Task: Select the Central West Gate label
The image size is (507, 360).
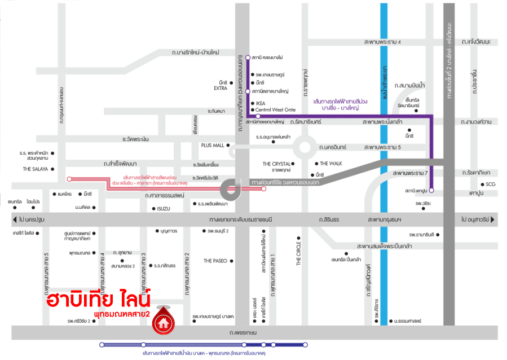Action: pos(275,110)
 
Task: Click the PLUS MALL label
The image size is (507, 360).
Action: pos(212,145)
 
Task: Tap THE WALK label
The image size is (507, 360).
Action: pos(331,163)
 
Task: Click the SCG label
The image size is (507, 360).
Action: pos(490,185)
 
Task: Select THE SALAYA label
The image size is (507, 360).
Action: pos(34,169)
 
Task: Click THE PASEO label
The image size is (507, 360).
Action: pos(215,261)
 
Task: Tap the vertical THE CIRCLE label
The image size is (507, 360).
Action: pos(299,251)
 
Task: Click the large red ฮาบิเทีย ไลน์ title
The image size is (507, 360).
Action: pos(99,299)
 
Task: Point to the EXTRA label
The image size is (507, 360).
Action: pos(220,88)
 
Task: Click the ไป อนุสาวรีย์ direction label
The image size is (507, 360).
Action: pos(478,219)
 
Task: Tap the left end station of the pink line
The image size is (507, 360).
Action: pos(69,179)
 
